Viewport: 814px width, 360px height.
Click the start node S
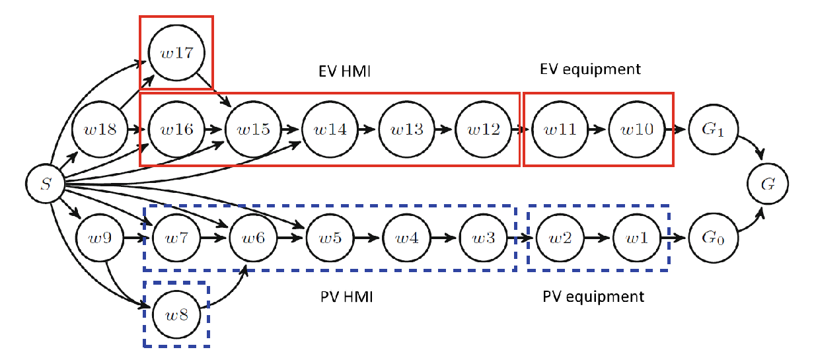tap(45, 184)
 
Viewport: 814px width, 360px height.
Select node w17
tap(176, 53)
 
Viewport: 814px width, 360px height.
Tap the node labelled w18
tap(100, 129)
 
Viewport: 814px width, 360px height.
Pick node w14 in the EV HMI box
tap(330, 129)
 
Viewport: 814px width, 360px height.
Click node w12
tap(484, 129)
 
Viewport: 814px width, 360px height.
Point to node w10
tap(637, 129)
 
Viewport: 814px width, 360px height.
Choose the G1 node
tap(713, 129)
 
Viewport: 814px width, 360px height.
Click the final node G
tap(768, 184)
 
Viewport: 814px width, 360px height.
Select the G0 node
tap(713, 238)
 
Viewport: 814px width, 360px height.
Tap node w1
tap(637, 238)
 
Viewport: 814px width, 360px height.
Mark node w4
tap(406, 238)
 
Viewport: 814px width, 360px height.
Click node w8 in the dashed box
tap(176, 314)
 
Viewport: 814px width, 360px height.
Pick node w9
tap(100, 238)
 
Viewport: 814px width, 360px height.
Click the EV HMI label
tap(344, 71)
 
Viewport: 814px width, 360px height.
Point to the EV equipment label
tap(590, 69)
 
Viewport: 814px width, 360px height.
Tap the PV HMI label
tap(346, 297)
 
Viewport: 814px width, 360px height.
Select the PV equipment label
tap(593, 297)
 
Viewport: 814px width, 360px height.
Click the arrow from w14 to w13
tap(367, 129)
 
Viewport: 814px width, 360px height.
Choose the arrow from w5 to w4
tap(367, 238)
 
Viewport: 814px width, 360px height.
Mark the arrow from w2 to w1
tap(597, 238)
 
